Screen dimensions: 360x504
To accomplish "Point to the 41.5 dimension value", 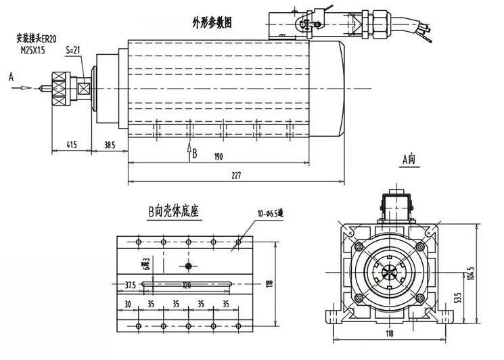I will pos(70,145).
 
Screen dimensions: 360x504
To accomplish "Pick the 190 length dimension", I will pos(218,157).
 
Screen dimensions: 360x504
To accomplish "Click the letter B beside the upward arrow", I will pos(194,153).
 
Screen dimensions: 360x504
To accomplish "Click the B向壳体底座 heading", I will pos(174,212).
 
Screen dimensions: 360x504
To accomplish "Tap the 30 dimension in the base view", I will pos(129,305).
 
